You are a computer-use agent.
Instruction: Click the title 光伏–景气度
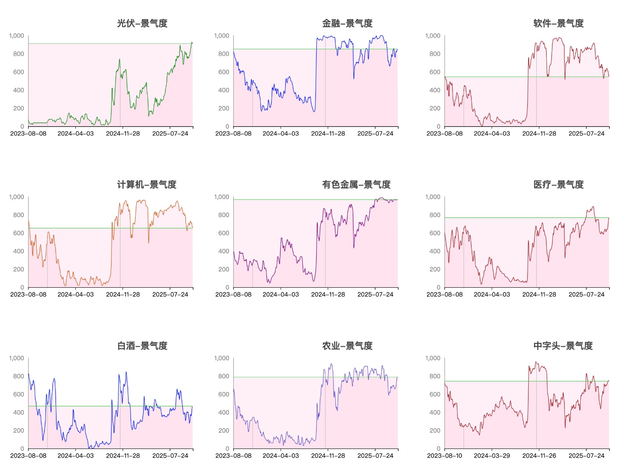click(x=142, y=23)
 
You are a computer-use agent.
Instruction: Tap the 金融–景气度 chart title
click(x=347, y=23)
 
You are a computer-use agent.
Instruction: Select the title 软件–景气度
click(x=558, y=23)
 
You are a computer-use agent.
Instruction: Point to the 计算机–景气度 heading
click(x=147, y=185)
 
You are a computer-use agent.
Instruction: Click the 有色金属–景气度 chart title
click(x=356, y=185)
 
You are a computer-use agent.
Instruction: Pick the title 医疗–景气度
click(x=558, y=185)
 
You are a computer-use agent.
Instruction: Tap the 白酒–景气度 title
click(x=142, y=346)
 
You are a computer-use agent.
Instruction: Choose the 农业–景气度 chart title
click(x=347, y=346)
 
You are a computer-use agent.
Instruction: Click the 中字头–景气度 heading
click(x=563, y=346)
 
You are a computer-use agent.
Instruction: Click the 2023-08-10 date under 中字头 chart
click(x=445, y=456)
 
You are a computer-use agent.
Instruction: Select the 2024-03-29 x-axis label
click(x=492, y=456)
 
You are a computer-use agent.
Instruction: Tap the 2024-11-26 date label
click(x=539, y=456)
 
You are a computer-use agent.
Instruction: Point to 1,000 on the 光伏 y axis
click(x=17, y=36)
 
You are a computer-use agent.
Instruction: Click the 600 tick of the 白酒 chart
click(x=18, y=394)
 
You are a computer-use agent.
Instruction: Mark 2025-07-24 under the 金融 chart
click(x=375, y=134)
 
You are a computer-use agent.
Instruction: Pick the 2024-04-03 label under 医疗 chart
click(x=492, y=295)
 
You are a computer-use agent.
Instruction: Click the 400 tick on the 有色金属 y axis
click(x=224, y=251)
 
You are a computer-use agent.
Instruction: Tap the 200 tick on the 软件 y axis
click(x=435, y=108)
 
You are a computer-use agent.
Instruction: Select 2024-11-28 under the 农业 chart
click(x=328, y=456)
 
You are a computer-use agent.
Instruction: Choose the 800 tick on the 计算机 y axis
click(x=18, y=215)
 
